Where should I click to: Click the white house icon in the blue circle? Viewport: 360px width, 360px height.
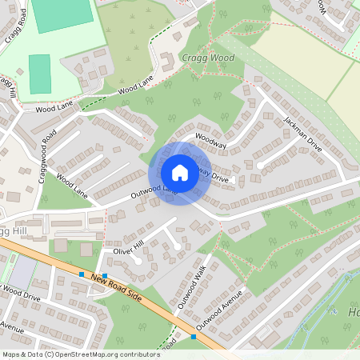180,173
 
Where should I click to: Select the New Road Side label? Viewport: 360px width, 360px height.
116,286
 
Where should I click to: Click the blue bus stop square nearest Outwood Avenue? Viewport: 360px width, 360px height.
194,337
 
